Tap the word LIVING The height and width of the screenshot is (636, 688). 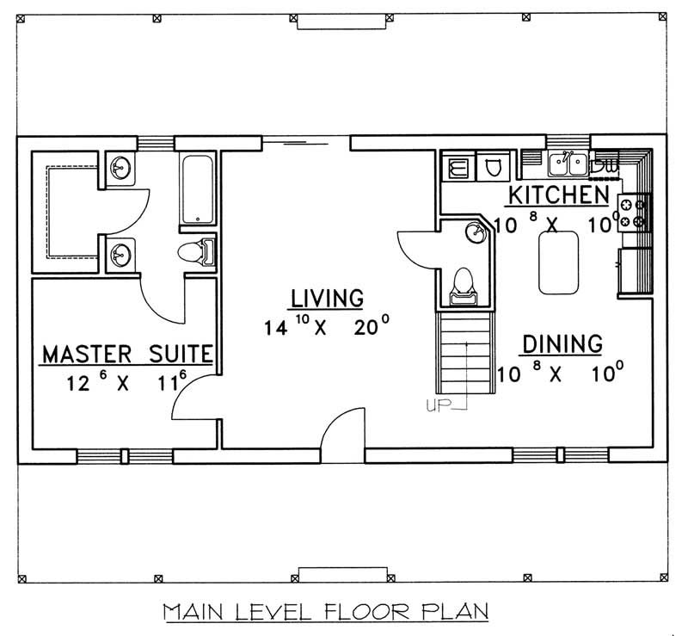point(326,299)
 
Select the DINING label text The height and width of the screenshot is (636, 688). point(562,344)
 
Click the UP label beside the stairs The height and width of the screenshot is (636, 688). point(438,405)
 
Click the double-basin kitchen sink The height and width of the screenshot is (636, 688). point(568,161)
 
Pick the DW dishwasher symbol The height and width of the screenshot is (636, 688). point(606,163)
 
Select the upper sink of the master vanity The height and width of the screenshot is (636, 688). point(120,169)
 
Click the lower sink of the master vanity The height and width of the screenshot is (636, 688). point(120,253)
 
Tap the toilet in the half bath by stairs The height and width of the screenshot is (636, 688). point(464,283)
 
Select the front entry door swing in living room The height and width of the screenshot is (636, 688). point(344,430)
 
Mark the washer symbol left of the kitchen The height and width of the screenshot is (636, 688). point(458,167)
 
